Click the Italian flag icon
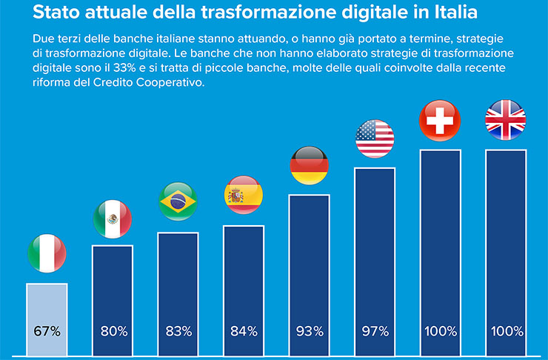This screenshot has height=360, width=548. tap(47, 254)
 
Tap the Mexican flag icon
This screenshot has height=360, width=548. tap(113, 219)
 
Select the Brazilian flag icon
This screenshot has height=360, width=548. tap(178, 201)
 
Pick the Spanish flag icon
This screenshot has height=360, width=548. tap(244, 196)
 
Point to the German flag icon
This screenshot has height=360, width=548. tap(309, 164)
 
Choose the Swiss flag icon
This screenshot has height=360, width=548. tap(440, 119)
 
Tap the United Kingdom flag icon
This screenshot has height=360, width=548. tap(505, 119)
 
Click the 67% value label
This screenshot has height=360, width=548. tap(47, 330)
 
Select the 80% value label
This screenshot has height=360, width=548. tap(113, 330)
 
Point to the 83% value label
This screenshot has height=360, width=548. tap(178, 330)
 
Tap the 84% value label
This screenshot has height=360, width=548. tap(244, 330)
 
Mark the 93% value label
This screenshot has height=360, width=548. tap(309, 330)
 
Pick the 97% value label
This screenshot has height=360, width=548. tap(375, 330)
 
